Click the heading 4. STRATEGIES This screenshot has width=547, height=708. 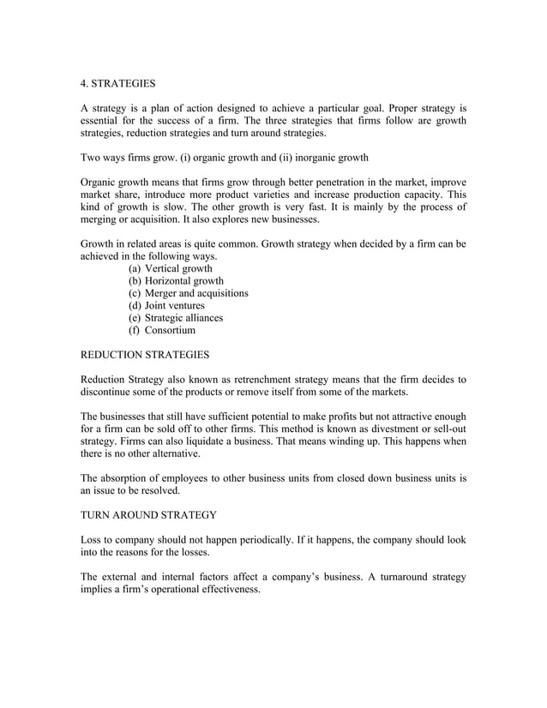(x=118, y=84)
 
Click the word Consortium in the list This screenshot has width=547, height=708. (x=171, y=330)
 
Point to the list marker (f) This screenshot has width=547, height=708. (x=135, y=330)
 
